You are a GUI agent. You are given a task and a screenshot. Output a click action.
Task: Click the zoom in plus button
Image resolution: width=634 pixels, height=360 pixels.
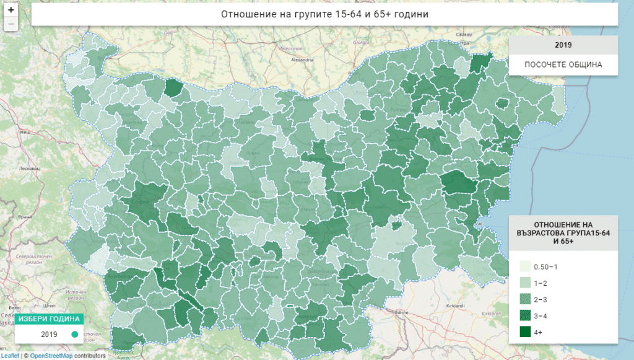tap(11, 10)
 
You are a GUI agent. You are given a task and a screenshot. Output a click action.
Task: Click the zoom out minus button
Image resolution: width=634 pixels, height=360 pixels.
tap(11, 24)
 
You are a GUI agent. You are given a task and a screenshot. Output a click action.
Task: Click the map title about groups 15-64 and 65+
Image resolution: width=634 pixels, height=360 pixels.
tap(324, 14)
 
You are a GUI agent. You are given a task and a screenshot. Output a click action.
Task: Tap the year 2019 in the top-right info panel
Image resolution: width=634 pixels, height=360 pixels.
tap(563, 45)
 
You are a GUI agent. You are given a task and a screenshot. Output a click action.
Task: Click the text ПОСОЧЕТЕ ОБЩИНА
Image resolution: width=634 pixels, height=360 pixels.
tap(563, 65)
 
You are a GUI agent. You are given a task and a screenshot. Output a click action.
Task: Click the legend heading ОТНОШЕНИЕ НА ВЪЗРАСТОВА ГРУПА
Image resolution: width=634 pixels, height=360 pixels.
tap(563, 233)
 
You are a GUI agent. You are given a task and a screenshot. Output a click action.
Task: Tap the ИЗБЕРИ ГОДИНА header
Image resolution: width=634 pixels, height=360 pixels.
tap(49, 319)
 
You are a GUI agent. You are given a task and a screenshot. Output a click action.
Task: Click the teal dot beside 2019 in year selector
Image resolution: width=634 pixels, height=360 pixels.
tap(74, 335)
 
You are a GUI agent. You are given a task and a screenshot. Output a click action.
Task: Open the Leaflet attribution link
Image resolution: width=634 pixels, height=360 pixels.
tap(10, 356)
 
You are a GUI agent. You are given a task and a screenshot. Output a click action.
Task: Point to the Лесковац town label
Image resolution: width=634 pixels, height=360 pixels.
tap(28, 169)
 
